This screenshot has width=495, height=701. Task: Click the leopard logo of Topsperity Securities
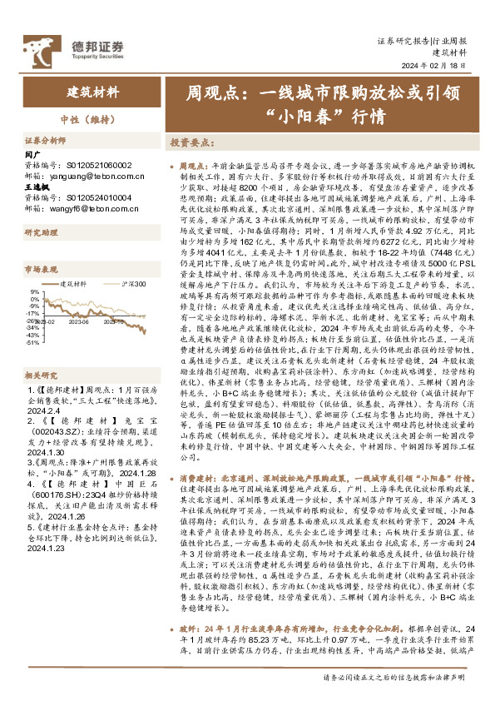[40, 47]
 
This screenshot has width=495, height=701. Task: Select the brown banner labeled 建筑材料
[92, 92]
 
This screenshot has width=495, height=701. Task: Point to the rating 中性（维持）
[92, 117]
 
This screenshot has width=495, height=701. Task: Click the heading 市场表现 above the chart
[39, 270]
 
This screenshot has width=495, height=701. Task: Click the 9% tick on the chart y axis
[34, 291]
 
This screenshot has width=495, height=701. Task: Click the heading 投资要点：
[196, 142]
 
